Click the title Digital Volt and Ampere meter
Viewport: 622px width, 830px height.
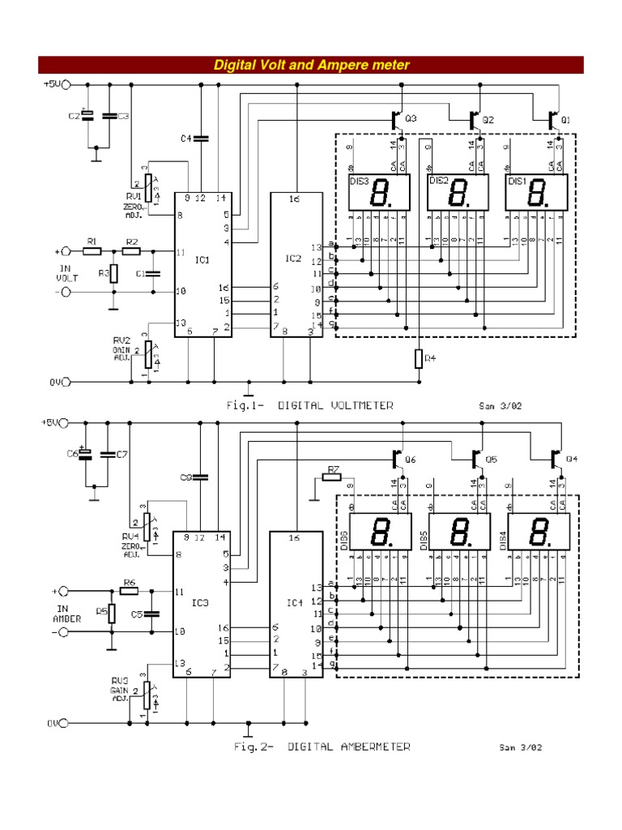[311, 65]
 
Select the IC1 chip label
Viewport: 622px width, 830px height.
[202, 260]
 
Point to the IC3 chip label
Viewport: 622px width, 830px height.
[199, 601]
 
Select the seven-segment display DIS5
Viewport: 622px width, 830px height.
[458, 533]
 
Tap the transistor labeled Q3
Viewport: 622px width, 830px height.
[397, 119]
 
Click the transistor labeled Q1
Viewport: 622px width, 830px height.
[554, 119]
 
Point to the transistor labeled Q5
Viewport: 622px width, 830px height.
[476, 459]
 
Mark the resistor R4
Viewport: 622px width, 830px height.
[419, 357]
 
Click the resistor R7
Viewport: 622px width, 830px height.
[331, 477]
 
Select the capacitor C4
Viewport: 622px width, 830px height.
[201, 139]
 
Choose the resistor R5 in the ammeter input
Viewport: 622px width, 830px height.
[113, 613]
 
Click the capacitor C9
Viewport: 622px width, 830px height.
[201, 477]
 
